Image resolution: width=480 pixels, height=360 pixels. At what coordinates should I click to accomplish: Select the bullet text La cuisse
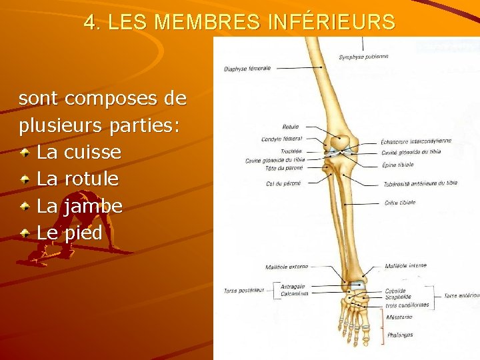pos(79,153)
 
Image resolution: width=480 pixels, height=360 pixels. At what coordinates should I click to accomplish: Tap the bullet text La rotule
pos(77,179)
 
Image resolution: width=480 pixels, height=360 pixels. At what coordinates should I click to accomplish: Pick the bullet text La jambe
pos(79,206)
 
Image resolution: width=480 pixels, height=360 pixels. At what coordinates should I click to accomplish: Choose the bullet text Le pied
pos(69,233)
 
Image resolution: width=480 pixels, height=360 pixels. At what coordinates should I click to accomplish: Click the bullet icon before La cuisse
pos(25,153)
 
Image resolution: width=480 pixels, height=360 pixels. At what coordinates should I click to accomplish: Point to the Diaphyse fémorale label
pos(247,69)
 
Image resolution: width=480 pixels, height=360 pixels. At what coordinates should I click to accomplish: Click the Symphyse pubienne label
pos(363,57)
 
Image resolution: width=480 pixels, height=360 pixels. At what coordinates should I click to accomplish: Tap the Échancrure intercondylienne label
pos(415,141)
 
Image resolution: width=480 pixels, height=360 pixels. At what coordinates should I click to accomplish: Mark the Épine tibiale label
pos(398,165)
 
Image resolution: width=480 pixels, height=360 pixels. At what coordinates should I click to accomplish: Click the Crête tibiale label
pos(400,202)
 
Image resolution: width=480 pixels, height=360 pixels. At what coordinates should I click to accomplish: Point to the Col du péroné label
pos(283,183)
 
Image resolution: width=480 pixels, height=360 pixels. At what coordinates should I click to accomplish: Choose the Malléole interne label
pos(405,266)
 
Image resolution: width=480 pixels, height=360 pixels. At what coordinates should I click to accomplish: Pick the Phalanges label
pos(399,335)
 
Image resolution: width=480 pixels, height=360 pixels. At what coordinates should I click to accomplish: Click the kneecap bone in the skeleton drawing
pos(341,141)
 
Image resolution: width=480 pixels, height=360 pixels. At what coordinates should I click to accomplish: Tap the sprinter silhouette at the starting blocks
pos(50,253)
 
